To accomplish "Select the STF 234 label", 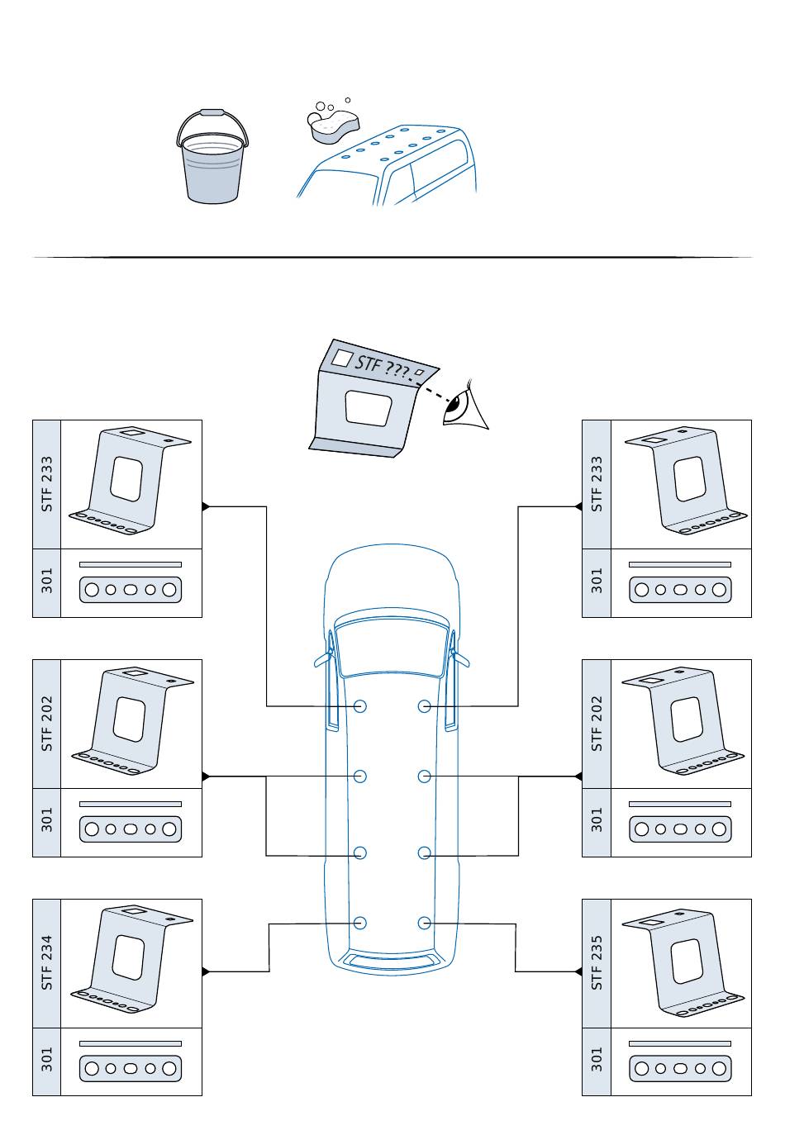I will click(47, 962).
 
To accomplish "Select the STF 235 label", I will click(597, 962).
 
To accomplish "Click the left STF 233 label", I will click(47, 483).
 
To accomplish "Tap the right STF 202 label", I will click(597, 723).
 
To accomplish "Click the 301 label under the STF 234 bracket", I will click(47, 1061).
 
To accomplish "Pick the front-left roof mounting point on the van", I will click(360, 706).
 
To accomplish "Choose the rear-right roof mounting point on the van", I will click(424, 923).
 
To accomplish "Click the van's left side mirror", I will click(322, 659).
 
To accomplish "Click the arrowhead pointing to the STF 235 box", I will click(578, 971).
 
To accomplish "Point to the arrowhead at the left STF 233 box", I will click(207, 506).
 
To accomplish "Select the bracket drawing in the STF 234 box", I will click(131, 958).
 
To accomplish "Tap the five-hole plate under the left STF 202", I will click(131, 829).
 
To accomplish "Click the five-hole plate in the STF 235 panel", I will click(680, 1068).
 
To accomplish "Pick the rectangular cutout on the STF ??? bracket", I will click(368, 408).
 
